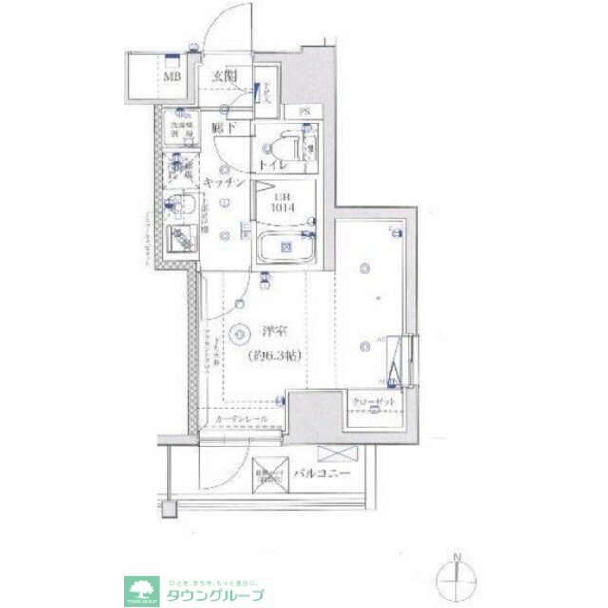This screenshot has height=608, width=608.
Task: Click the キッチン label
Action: click(x=225, y=182)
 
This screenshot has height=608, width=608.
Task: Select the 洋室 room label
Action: click(x=273, y=333)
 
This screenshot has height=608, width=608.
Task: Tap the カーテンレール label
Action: click(x=240, y=419)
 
